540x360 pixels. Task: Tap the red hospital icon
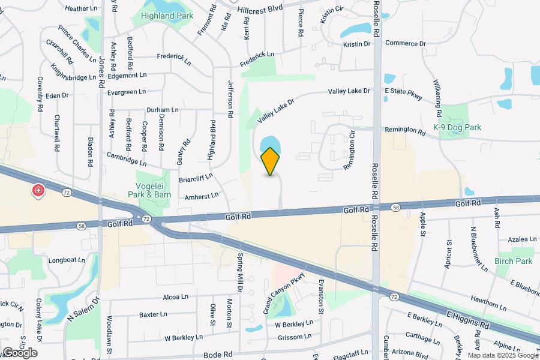click(x=38, y=191)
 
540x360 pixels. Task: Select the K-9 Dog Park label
click(x=457, y=127)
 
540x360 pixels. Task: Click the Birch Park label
click(x=513, y=261)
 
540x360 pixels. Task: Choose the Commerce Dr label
click(x=405, y=43)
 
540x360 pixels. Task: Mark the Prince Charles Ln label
click(x=77, y=44)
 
